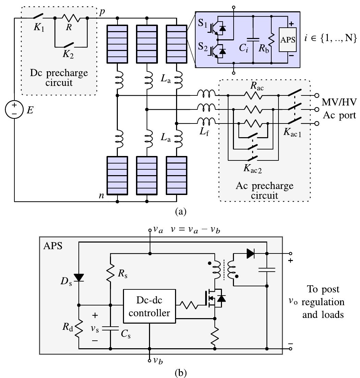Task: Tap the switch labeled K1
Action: [x=38, y=16]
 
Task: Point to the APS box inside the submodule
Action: [x=288, y=39]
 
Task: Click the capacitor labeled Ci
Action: [x=253, y=40]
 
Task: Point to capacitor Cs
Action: [x=111, y=328]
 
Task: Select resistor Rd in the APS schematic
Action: [x=79, y=327]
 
